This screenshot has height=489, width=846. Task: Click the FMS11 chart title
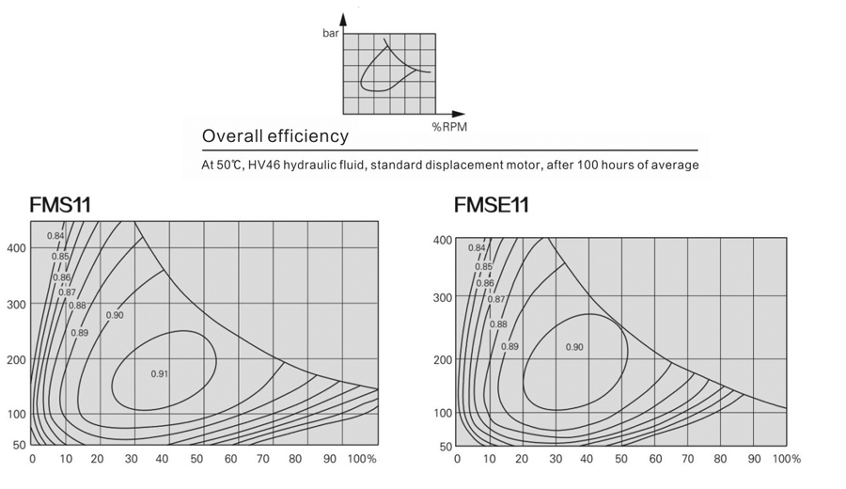point(60,203)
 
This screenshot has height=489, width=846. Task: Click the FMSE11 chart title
point(492,204)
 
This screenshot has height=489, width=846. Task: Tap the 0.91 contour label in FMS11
point(160,373)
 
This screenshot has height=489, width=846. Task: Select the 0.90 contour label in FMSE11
point(574,347)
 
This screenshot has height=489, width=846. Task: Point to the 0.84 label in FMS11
point(56,235)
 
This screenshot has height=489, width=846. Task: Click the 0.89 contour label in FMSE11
point(509,346)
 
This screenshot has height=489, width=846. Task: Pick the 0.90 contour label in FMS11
point(115,315)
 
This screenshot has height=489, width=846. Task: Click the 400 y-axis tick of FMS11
point(16,248)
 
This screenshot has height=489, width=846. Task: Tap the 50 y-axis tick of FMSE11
point(445,446)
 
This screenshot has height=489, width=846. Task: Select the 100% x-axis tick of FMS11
point(362,459)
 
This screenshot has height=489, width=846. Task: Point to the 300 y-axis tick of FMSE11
point(441,297)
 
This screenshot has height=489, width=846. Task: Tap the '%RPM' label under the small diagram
point(449,126)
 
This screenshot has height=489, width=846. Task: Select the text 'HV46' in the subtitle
point(265,166)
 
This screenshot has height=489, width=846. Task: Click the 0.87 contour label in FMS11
point(67,292)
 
